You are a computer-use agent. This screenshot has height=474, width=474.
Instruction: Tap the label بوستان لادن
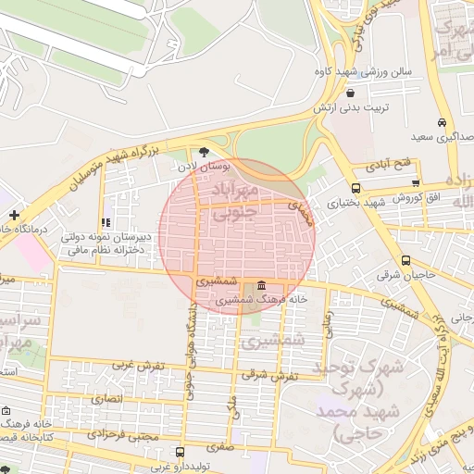(201, 168)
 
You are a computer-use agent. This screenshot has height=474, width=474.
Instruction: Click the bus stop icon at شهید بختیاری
(356, 188)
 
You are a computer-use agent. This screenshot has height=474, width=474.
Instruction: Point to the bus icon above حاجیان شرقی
(406, 260)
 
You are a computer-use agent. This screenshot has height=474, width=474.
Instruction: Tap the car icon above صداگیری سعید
(443, 123)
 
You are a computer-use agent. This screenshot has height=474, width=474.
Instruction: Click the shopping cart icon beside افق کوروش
(416, 183)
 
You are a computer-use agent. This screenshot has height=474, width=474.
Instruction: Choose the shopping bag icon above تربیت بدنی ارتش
(349, 94)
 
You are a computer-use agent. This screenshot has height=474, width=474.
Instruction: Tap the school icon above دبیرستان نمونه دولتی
(106, 223)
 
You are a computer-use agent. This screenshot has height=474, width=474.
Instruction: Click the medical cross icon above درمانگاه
(14, 215)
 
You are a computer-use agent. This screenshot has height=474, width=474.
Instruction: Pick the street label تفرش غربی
(138, 365)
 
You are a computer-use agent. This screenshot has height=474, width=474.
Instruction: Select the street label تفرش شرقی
(270, 375)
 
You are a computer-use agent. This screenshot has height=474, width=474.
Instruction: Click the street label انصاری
(106, 399)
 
